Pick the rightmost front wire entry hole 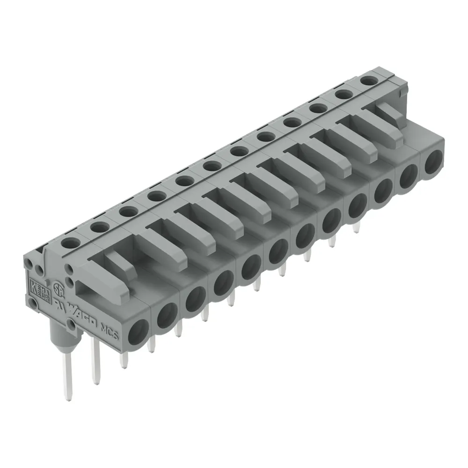(x=433, y=162)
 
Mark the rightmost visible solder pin (x=357, y=227)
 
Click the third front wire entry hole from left (x=194, y=301)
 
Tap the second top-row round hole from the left (x=99, y=227)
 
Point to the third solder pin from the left (x=124, y=361)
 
